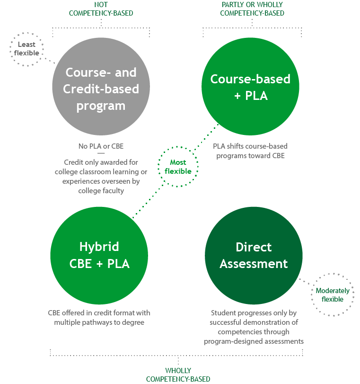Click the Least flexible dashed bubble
27,49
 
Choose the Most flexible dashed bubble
178,167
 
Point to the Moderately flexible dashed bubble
333,295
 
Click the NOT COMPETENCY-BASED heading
101,9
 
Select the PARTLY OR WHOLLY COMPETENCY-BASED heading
252,9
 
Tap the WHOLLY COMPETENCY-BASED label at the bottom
178,375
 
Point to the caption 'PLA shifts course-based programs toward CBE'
251,151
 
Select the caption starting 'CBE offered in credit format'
99,318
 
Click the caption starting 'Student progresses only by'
254,327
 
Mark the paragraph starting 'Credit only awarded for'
101,177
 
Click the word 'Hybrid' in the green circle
99,247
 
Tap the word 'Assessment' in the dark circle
254,263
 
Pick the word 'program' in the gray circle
101,105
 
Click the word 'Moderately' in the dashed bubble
333,291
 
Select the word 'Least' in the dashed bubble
26,45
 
